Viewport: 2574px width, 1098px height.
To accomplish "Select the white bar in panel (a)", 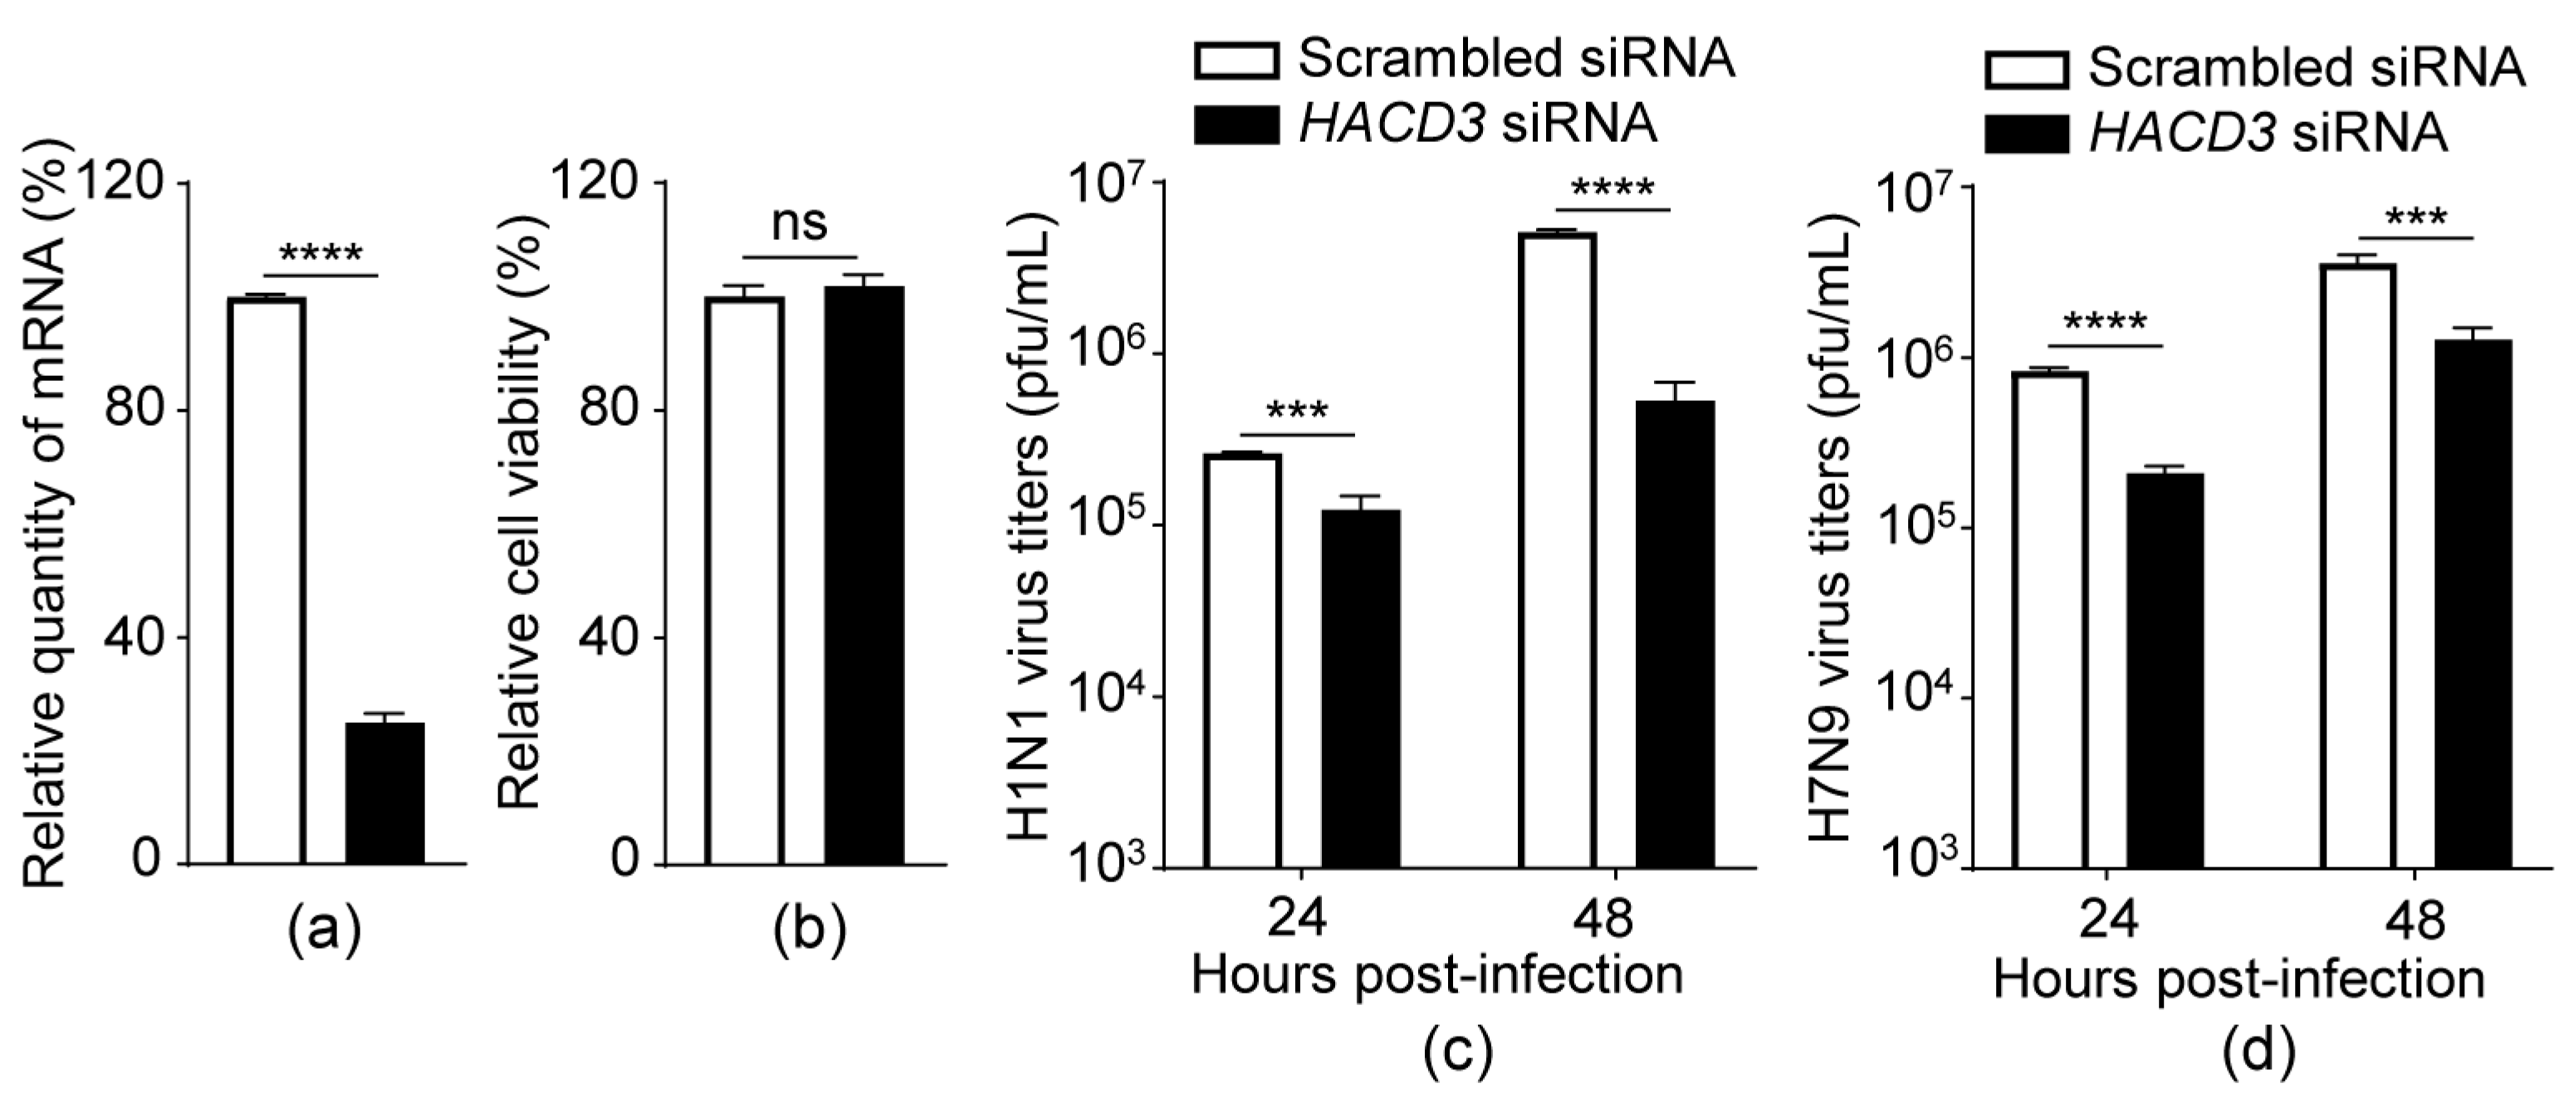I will pyautogui.click(x=267, y=579).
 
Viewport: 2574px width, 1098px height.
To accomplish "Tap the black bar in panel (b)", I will pyautogui.click(x=864, y=574).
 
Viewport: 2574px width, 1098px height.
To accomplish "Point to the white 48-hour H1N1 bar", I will pyautogui.click(x=1557, y=549).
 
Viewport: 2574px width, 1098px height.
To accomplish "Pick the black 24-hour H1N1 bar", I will pyautogui.click(x=1361, y=690).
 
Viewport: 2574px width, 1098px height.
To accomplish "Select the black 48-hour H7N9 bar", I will pyautogui.click(x=2472, y=604).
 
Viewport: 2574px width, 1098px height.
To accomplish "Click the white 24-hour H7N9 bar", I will pyautogui.click(x=2050, y=619).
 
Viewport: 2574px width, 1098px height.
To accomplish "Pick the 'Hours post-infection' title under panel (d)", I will pyautogui.click(x=2239, y=978).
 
